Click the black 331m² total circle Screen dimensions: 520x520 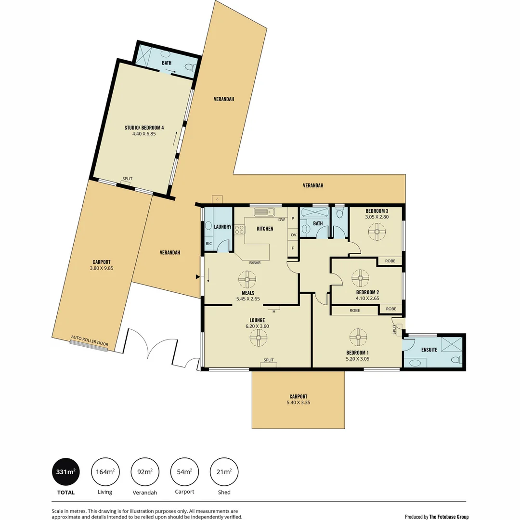click(x=65, y=471)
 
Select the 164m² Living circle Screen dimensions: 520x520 click(x=105, y=471)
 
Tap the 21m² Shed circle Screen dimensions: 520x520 click(x=224, y=471)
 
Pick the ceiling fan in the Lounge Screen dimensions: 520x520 click(x=259, y=338)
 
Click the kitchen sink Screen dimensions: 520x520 click(x=264, y=212)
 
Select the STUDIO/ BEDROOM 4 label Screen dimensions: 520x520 click(x=144, y=128)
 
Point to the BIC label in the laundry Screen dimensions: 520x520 click(x=208, y=244)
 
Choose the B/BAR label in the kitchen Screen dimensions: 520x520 click(x=255, y=262)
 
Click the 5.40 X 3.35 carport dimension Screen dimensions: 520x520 click(x=298, y=403)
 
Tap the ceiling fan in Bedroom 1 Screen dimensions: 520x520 click(x=358, y=337)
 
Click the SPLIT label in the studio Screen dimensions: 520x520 click(x=127, y=179)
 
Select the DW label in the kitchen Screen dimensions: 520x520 click(x=281, y=220)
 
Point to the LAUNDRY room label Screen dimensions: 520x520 click(x=222, y=227)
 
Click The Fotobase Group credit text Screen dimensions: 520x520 click(x=449, y=517)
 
